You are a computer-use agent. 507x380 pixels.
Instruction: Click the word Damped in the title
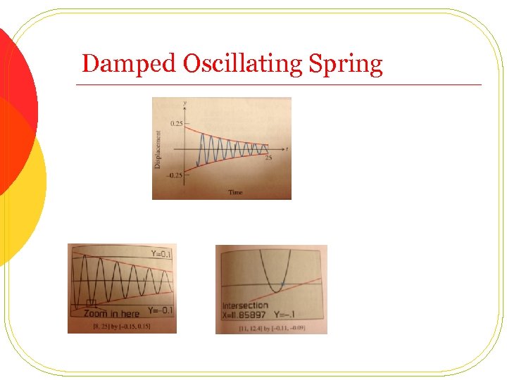click(129, 64)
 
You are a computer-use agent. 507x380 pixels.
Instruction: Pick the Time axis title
click(235, 192)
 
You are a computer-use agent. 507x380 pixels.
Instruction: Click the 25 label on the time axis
click(268, 157)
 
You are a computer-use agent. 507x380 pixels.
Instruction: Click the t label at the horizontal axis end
click(287, 148)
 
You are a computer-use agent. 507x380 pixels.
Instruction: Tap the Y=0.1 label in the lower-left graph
click(161, 254)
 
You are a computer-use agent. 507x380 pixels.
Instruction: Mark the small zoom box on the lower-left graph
click(90, 303)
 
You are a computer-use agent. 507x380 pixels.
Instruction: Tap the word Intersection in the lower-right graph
click(245, 305)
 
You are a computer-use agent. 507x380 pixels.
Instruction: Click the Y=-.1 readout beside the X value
click(299, 315)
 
